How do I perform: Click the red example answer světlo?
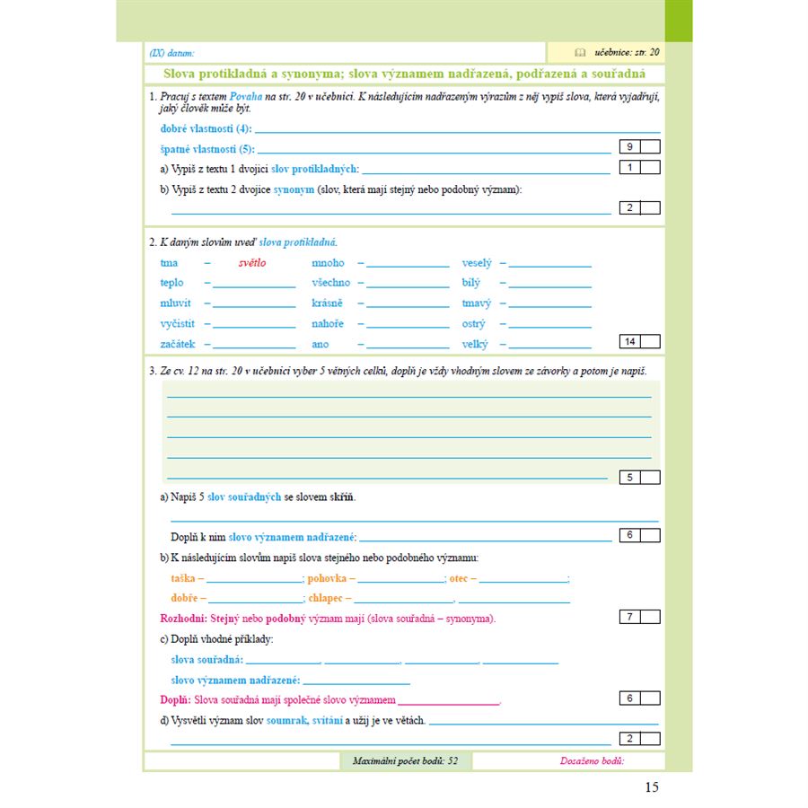pos(252,263)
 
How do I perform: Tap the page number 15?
pos(652,787)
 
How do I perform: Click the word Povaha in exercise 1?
pos(245,95)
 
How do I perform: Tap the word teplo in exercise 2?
pos(173,283)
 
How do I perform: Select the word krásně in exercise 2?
pos(327,303)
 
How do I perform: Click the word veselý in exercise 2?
pos(477,263)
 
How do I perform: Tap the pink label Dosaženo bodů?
pos(592,761)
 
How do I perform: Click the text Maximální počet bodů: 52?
pos(405,761)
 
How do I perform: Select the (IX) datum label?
pos(171,54)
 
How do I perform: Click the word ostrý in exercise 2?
pos(473,324)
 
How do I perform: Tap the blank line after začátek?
pos(254,347)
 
